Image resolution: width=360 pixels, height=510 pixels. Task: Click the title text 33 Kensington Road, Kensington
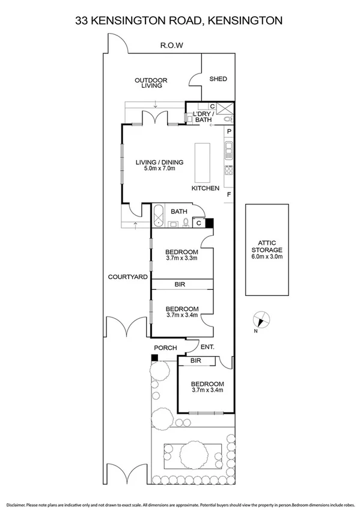pos(179,20)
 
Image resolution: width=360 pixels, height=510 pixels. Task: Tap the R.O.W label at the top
pos(171,45)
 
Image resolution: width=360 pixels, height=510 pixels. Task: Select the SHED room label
pos(218,79)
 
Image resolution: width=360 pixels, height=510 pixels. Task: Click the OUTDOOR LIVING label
pos(151,82)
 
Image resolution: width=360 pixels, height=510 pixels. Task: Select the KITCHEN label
pos(205,188)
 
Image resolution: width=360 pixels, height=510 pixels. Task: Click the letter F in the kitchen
pos(228,195)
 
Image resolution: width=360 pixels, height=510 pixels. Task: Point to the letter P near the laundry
pos(229,131)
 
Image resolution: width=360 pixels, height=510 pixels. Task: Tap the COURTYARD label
pos(128,277)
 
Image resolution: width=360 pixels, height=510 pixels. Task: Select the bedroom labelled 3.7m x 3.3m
pos(182,254)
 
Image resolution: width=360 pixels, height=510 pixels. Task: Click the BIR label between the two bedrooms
pos(179,283)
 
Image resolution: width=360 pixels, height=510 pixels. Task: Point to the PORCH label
pos(165,348)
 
